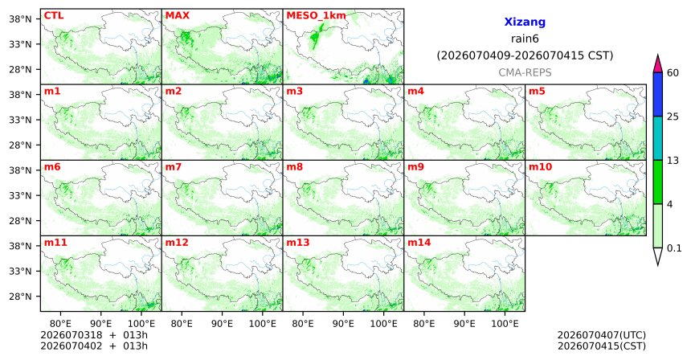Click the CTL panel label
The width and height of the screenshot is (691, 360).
point(54,16)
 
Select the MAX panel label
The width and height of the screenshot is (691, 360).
point(177,16)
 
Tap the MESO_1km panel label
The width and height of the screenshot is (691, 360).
point(316,16)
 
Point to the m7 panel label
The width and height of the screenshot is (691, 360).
point(173,167)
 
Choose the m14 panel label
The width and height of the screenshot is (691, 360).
point(419,243)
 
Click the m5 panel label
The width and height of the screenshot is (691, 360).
point(537,92)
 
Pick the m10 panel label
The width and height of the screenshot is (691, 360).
point(540,167)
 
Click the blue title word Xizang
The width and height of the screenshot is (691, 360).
point(525,22)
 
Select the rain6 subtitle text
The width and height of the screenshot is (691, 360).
point(525,39)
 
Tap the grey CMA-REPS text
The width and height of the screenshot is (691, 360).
point(525,72)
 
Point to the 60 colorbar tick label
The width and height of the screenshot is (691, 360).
point(673,72)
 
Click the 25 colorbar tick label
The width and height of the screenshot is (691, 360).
point(673,117)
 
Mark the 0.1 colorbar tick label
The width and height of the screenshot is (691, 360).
point(674,248)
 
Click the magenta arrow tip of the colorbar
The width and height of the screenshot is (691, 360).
point(658,55)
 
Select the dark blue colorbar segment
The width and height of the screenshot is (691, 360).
point(658,94)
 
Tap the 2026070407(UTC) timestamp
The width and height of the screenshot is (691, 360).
point(602,336)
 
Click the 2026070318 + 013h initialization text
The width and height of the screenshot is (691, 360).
point(94,335)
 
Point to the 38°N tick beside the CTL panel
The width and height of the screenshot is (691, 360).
point(20,19)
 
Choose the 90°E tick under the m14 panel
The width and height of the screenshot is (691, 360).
point(464,325)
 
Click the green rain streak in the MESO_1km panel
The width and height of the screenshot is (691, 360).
point(316,35)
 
